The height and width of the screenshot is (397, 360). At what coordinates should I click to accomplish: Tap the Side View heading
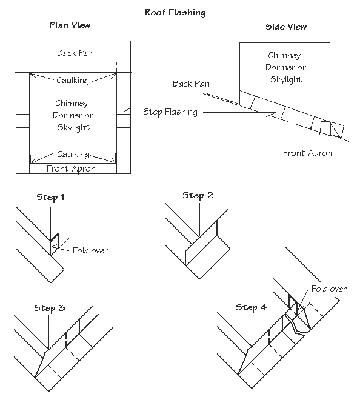[x=285, y=27]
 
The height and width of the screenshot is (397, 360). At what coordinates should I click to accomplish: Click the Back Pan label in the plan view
[x=75, y=53]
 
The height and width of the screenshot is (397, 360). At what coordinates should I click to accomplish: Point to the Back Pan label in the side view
[x=191, y=84]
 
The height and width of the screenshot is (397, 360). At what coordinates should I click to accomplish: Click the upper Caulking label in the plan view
[x=72, y=80]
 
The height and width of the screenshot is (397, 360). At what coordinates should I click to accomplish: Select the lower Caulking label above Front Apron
[x=72, y=155]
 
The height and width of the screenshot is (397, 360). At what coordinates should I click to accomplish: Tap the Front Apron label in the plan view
[x=72, y=168]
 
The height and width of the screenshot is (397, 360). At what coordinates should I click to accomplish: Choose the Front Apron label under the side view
[x=307, y=153]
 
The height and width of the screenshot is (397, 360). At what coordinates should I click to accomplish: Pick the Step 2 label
[x=198, y=195]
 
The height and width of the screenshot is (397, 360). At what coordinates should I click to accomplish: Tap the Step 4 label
[x=251, y=307]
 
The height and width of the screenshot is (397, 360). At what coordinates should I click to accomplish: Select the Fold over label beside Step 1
[x=90, y=250]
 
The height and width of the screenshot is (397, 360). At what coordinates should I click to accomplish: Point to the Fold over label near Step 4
[x=328, y=289]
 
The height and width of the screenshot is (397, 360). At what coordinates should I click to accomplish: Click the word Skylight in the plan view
[x=73, y=127]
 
